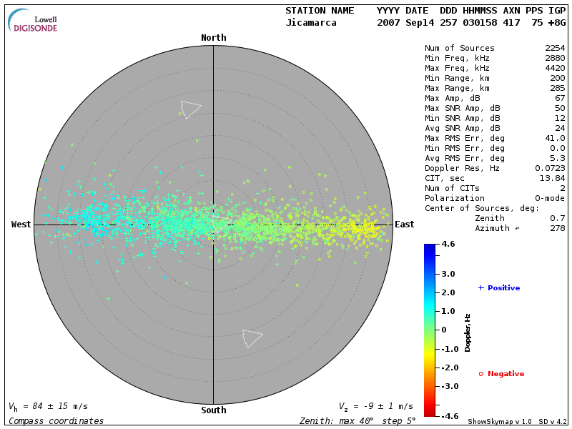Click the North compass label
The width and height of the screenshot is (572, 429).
213,38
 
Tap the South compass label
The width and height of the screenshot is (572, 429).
213,410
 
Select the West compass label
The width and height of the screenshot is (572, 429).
21,225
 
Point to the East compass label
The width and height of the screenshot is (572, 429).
405,225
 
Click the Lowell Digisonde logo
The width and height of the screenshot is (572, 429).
33,21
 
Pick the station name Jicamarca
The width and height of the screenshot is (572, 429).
310,23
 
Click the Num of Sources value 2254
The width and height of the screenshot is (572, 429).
555,49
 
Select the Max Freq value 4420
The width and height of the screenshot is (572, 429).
555,69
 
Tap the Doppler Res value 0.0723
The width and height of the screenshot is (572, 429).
550,168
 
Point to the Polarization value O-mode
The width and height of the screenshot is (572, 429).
548,198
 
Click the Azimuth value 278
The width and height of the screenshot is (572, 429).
558,228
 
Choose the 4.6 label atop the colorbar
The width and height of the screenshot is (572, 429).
448,244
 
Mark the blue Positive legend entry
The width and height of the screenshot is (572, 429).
499,288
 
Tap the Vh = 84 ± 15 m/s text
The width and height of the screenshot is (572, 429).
48,406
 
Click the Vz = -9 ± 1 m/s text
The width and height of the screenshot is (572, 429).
376,406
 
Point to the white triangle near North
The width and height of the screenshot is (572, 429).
189,109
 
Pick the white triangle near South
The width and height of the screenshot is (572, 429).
251,337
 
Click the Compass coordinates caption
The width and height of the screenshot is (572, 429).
56,421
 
